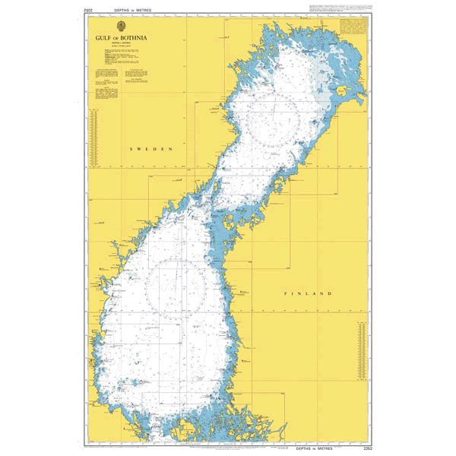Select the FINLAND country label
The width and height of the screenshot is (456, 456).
pyautogui.click(x=309, y=293)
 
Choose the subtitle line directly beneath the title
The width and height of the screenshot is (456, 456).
pyautogui.click(x=121, y=46)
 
